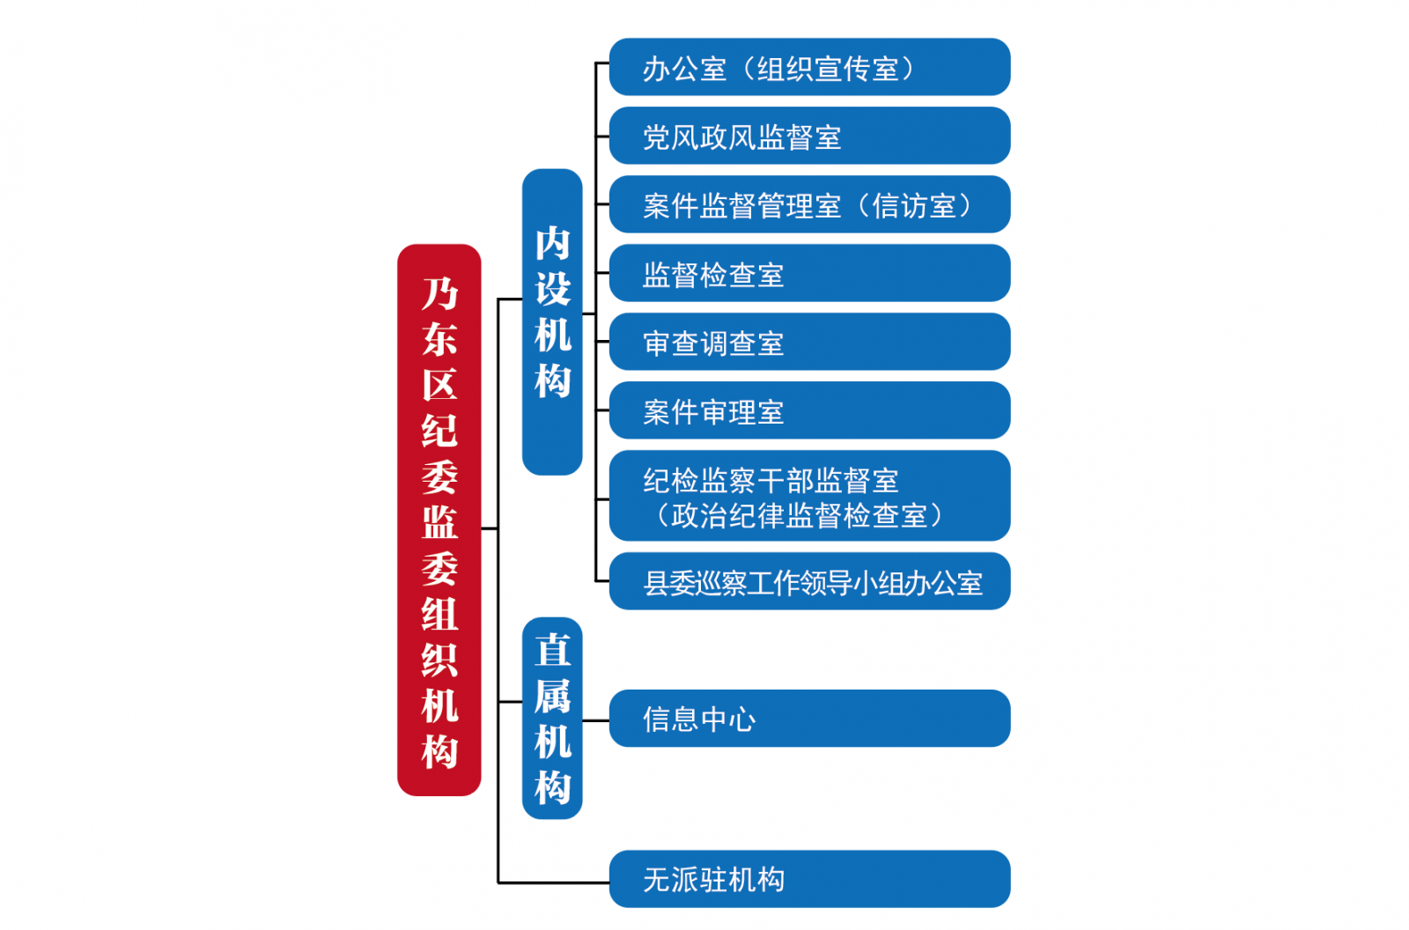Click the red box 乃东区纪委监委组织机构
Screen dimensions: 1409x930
(439, 520)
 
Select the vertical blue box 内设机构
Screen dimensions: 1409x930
(552, 321)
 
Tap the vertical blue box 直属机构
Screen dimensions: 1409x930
(552, 718)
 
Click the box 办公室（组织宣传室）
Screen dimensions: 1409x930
(809, 67)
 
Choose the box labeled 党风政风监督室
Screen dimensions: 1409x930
(809, 136)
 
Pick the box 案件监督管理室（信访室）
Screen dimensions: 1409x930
(809, 203)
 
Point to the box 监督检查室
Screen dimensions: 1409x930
(809, 272)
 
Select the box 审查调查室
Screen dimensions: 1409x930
(809, 341)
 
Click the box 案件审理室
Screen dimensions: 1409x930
(809, 410)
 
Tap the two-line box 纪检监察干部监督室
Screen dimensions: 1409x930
(809, 495)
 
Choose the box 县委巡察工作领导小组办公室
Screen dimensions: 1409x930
(809, 580)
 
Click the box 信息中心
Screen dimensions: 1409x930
(809, 718)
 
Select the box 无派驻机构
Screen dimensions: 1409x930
(809, 878)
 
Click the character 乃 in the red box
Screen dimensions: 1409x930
(439, 293)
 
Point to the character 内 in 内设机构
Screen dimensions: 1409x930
(552, 244)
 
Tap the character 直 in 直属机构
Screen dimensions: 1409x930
(552, 650)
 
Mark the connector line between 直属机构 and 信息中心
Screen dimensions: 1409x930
(595, 720)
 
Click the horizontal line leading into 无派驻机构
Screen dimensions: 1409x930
(554, 882)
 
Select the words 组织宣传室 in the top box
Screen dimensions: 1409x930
(828, 69)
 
